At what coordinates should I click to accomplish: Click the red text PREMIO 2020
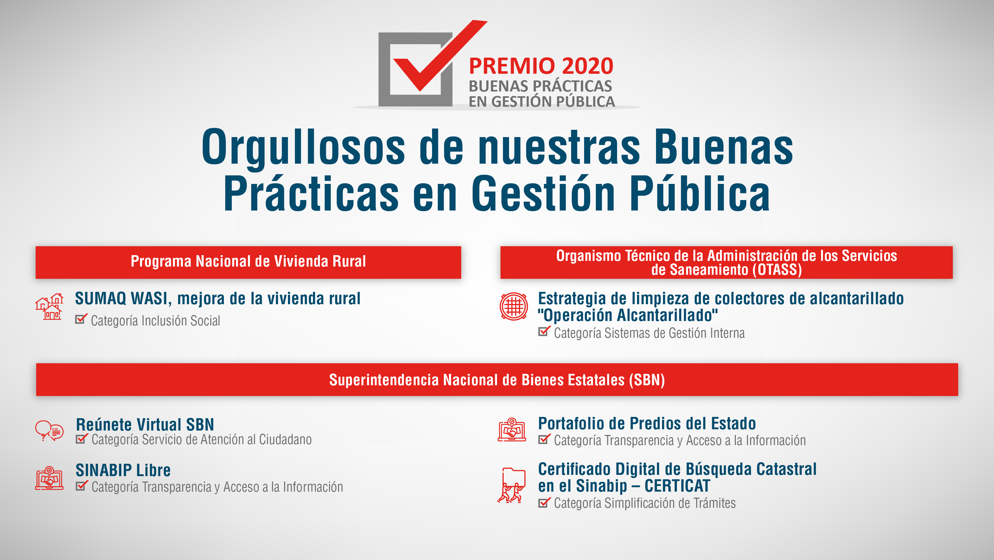tap(541, 66)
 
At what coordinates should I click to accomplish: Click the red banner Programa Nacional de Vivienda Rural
tap(248, 262)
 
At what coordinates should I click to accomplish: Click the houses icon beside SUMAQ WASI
tap(49, 307)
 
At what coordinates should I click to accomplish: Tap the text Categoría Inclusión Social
tap(156, 320)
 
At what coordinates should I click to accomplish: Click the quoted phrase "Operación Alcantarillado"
tap(628, 315)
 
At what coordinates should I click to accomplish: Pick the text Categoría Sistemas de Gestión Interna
tap(649, 333)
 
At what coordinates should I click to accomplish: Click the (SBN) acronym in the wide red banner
tap(647, 380)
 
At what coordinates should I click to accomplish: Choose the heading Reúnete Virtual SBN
tap(145, 425)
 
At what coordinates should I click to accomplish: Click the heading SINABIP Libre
tap(123, 470)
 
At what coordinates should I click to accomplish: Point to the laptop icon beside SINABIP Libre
tap(49, 478)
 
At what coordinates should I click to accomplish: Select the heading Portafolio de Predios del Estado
tap(647, 424)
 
